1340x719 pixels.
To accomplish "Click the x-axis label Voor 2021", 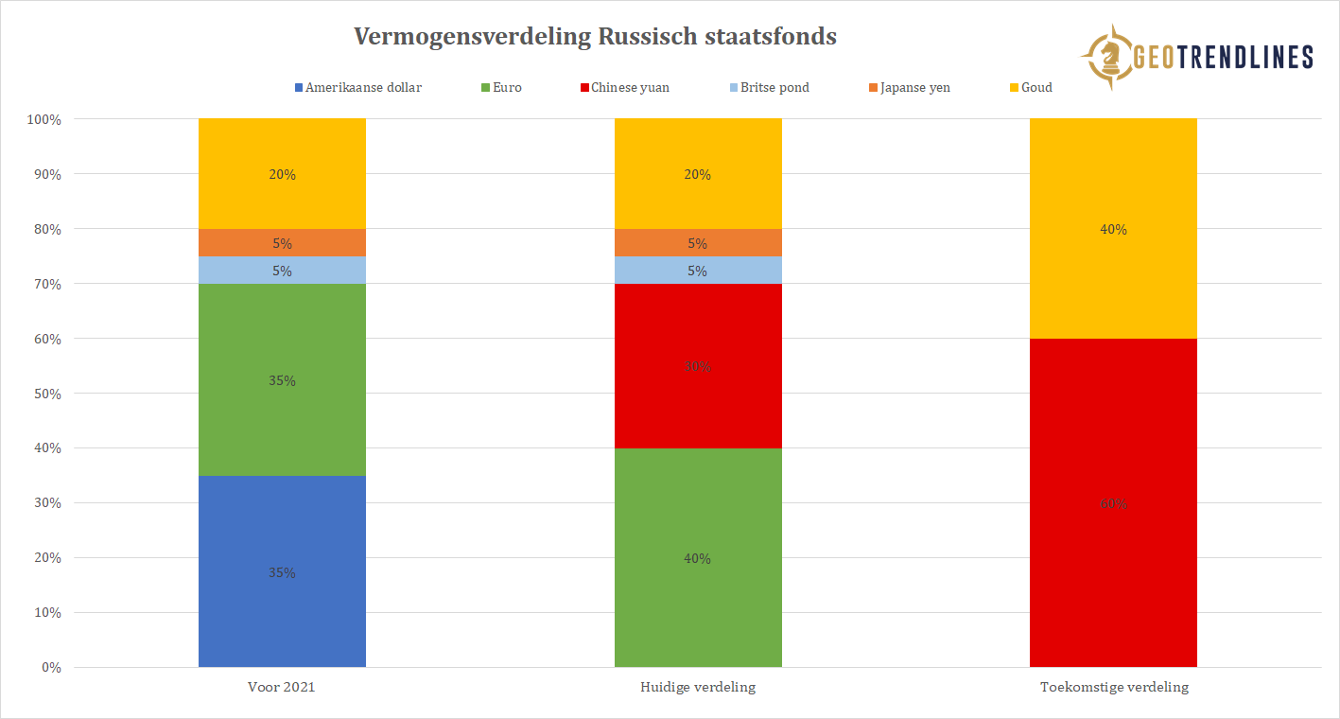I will pyautogui.click(x=282, y=687).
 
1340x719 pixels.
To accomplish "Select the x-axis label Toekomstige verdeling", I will pyautogui.click(x=1113, y=687).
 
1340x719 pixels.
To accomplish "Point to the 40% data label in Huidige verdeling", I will pyautogui.click(x=698, y=558).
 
